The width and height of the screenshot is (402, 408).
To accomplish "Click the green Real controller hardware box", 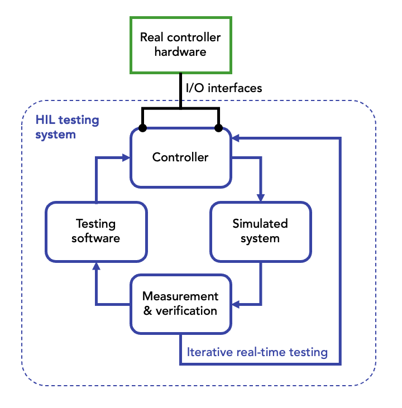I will tap(180, 45).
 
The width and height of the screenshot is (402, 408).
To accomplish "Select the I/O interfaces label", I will tap(224, 88).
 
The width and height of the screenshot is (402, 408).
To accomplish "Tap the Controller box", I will tap(180, 157).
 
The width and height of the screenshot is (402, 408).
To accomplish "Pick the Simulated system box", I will tap(260, 231).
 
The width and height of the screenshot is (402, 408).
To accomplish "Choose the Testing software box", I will tap(95, 231).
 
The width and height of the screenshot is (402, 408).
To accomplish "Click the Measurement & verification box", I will tap(180, 303).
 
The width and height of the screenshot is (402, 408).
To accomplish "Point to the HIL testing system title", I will tap(67, 127).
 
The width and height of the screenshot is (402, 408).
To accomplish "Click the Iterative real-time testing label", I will tap(257, 352).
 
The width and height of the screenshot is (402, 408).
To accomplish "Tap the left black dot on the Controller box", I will tap(143, 128).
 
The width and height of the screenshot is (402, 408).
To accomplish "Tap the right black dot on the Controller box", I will tap(218, 128).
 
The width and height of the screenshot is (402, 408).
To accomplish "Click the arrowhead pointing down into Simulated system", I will tap(260, 198).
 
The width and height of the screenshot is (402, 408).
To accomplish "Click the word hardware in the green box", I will tap(180, 52).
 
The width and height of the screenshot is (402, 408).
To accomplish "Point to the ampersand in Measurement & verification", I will tap(147, 311).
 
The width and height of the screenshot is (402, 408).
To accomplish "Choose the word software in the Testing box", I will tap(95, 238).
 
